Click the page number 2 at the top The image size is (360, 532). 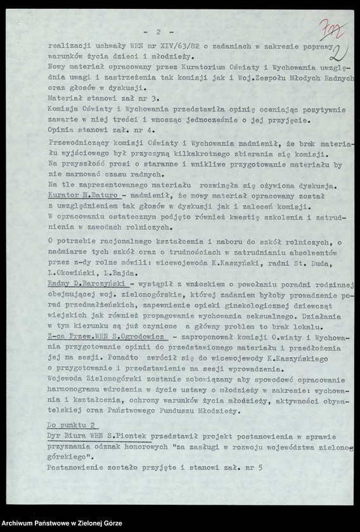point(158,32)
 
